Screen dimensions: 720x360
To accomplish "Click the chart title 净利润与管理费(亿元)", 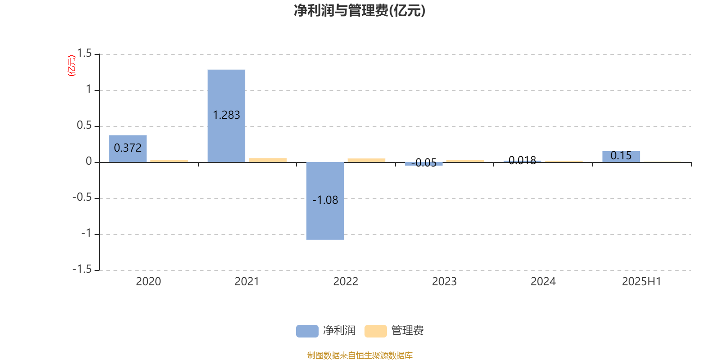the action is [x=360, y=11].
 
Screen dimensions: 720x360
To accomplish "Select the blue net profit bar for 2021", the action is [x=226, y=116].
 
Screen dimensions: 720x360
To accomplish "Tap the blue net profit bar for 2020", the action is [x=128, y=149].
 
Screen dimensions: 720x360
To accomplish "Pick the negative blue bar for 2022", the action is [x=325, y=201].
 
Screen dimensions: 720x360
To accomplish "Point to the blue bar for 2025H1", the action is [x=621, y=157].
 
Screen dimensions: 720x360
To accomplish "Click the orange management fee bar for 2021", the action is [x=268, y=160].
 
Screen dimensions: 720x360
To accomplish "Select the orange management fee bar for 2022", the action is [x=366, y=160].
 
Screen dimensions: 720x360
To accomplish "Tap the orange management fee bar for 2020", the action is [x=169, y=162].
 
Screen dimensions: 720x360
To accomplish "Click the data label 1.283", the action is [x=226, y=115].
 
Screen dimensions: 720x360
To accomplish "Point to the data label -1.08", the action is [x=325, y=200].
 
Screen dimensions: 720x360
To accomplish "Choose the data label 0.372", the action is [x=128, y=148].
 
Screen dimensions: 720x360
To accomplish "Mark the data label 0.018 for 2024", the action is [x=522, y=160].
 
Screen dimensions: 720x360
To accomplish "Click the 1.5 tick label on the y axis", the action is [x=84, y=54].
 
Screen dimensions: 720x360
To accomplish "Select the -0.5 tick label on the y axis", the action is [x=82, y=198].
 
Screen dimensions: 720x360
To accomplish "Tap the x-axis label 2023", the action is [x=444, y=282].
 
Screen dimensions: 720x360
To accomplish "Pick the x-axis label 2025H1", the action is [x=642, y=282].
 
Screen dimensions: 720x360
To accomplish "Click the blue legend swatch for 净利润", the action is [x=307, y=331].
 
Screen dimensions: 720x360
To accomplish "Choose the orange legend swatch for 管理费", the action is [x=375, y=331].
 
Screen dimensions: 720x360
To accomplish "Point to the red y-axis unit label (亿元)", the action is [x=72, y=66].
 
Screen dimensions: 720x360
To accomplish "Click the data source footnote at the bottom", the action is [x=360, y=355].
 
